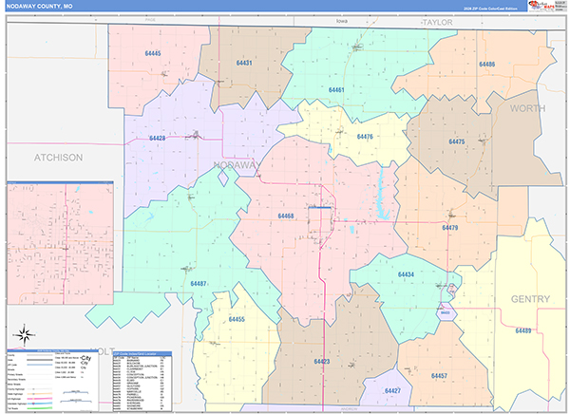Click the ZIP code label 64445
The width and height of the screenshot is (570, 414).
(152, 53)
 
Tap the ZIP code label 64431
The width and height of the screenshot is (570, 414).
(243, 63)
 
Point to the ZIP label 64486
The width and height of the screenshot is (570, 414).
(485, 65)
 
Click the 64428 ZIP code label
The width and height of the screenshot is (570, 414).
(158, 139)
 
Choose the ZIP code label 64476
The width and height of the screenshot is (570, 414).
(365, 137)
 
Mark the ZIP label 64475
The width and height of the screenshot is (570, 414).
(457, 141)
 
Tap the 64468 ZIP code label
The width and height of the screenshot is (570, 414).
(286, 216)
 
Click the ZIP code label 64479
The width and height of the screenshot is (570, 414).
(450, 228)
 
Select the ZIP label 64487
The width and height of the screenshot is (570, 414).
(199, 284)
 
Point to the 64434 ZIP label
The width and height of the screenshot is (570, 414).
(406, 274)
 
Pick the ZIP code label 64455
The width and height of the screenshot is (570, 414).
(237, 320)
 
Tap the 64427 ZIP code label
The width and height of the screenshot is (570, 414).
(392, 391)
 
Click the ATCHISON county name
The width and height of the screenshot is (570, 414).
(58, 157)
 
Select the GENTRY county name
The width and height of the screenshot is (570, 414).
(530, 299)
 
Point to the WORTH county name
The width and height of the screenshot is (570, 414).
(528, 109)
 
